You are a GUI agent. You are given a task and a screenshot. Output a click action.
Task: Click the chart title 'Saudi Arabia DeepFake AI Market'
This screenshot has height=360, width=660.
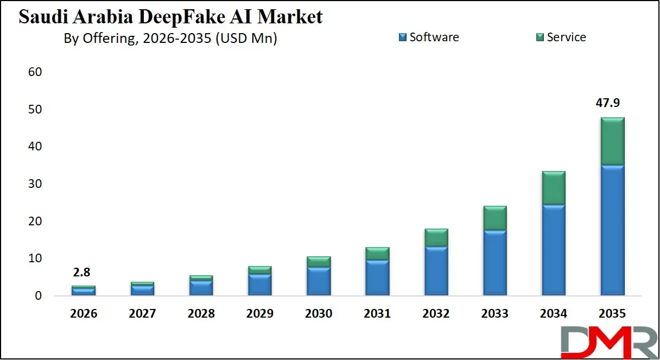point(170,17)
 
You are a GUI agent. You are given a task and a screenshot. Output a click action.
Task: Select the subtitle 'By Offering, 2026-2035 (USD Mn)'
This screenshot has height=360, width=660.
point(170,39)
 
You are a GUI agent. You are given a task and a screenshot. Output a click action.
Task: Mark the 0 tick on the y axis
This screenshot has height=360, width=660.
point(38,296)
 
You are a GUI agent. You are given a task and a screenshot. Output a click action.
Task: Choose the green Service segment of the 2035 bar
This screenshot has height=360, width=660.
point(612,141)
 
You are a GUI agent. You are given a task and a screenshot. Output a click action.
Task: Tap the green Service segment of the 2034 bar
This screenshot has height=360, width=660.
point(554,188)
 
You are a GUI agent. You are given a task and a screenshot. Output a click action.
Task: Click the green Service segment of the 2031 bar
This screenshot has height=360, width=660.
point(377,254)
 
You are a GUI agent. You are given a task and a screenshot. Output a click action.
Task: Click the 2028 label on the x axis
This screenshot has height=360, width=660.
point(201,314)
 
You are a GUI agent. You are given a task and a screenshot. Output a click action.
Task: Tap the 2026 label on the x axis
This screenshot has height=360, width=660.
point(84,314)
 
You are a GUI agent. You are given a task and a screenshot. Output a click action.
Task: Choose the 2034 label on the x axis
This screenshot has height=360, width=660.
point(554,314)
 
